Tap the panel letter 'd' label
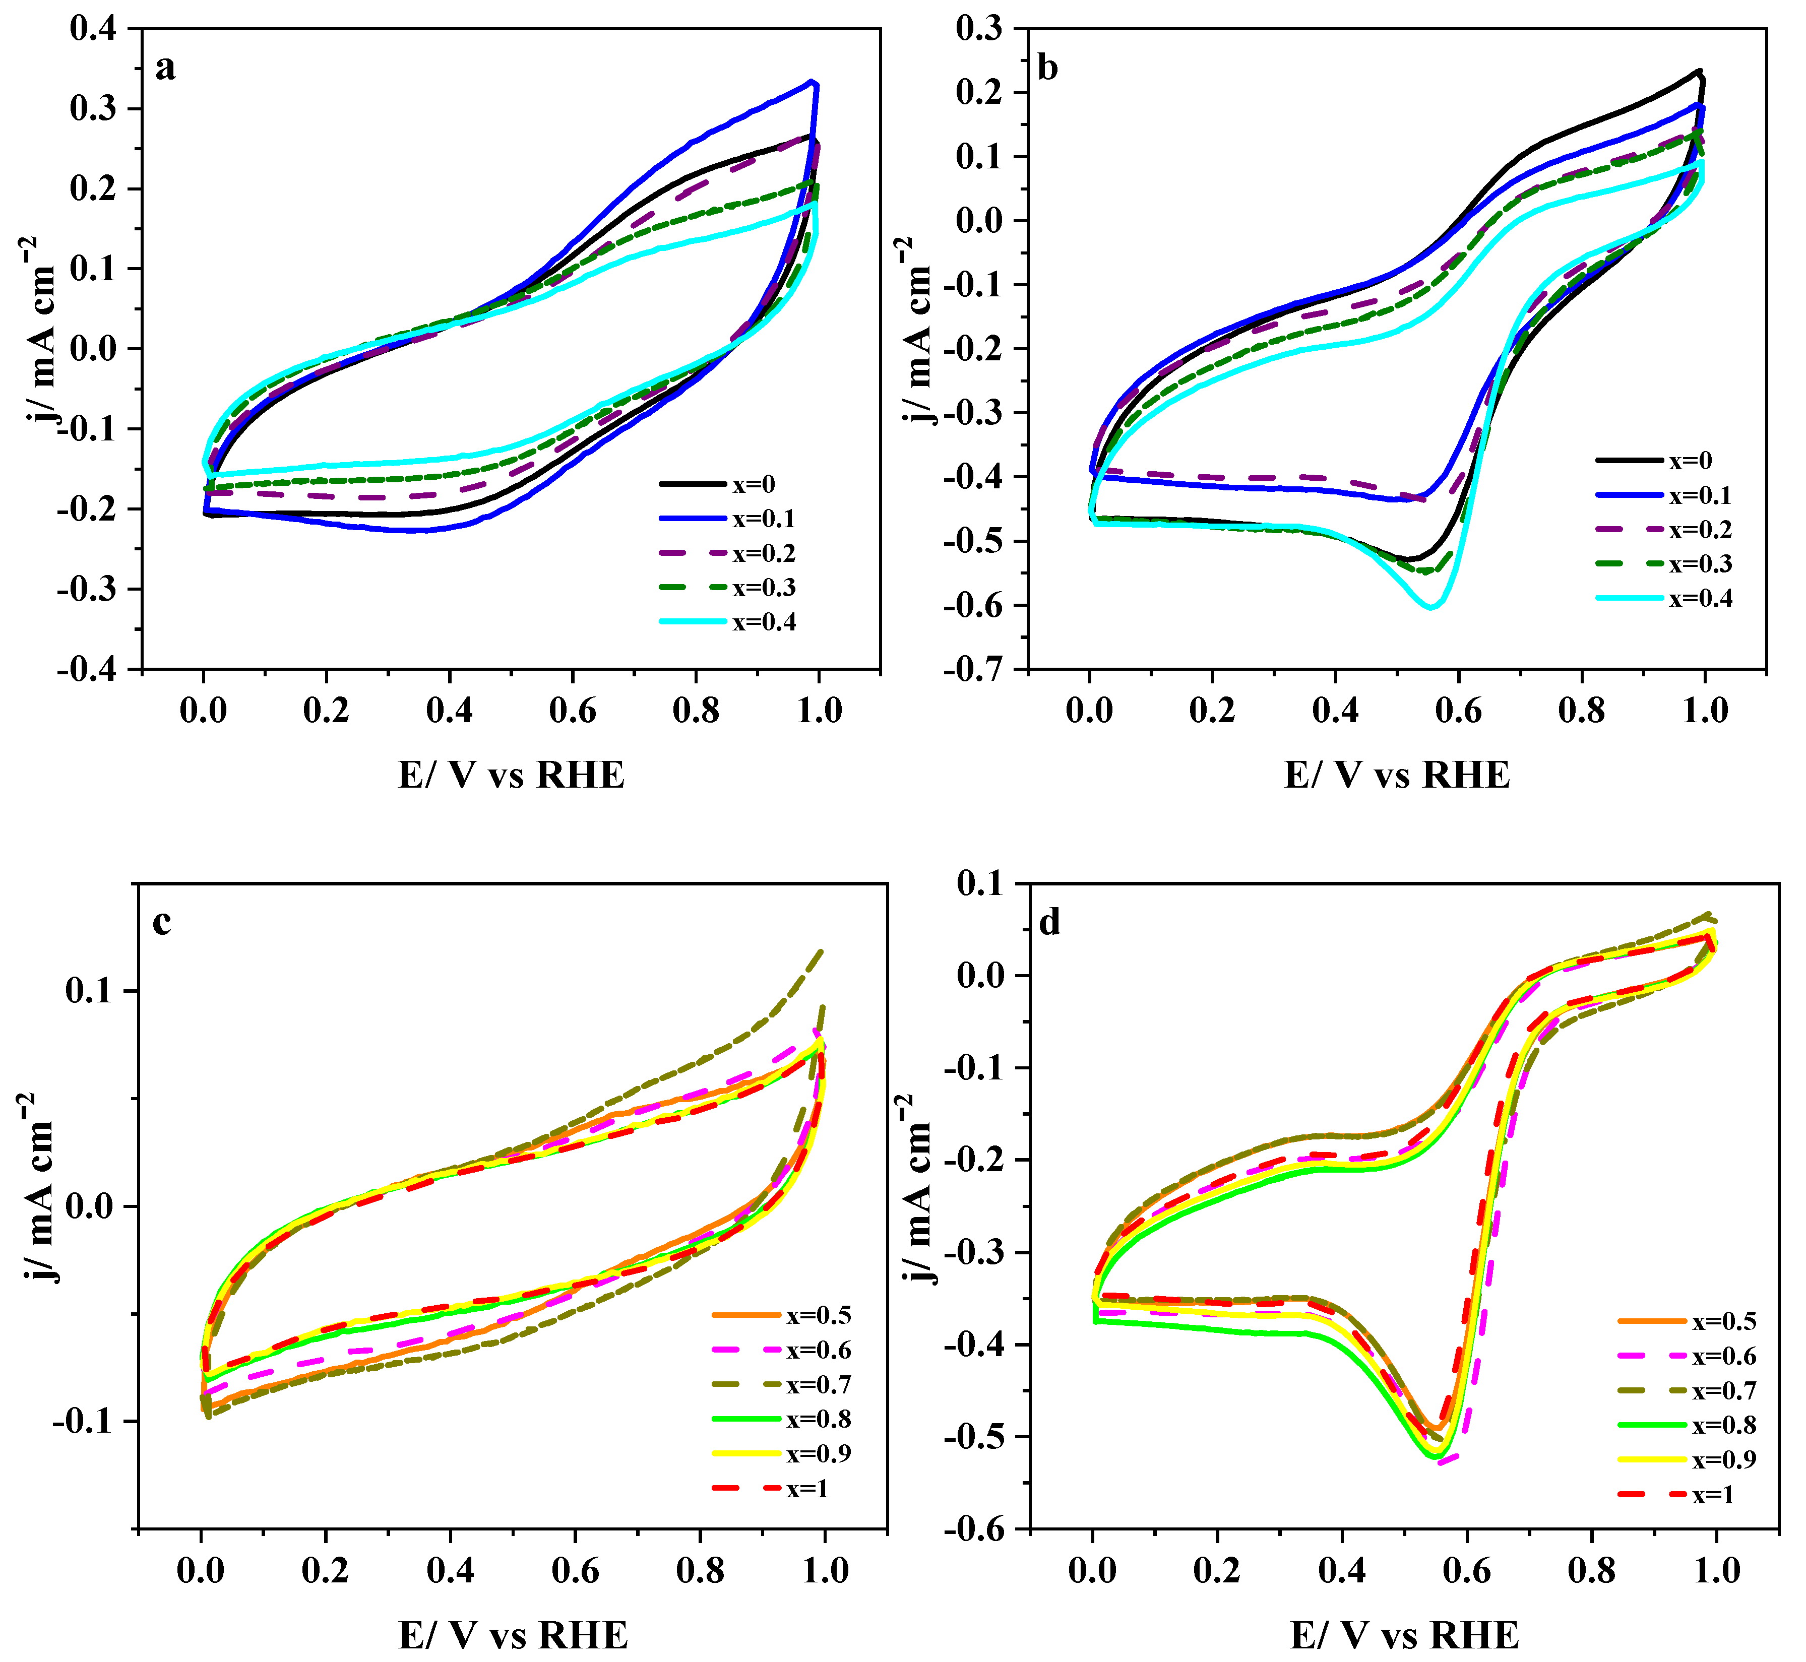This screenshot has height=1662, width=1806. [1049, 923]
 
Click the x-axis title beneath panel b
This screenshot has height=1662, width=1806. [1397, 775]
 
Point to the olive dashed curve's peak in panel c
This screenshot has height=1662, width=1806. [820, 950]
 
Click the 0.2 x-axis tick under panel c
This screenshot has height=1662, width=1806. [325, 1569]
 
